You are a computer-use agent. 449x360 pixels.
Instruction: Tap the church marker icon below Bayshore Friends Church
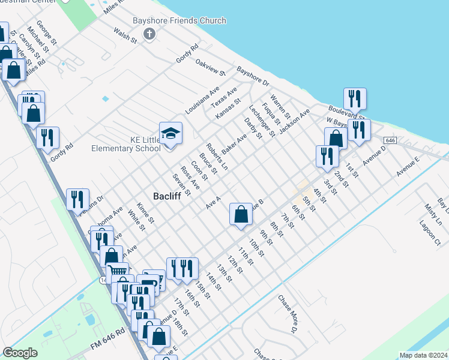(x=149, y=34)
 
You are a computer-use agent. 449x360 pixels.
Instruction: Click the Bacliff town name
(x=167, y=196)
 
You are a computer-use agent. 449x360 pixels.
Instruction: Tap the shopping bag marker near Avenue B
(x=241, y=214)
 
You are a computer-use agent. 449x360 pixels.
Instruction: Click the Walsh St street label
(x=125, y=35)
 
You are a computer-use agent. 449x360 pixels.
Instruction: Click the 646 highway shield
(x=390, y=140)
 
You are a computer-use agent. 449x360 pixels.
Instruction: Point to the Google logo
(x=20, y=353)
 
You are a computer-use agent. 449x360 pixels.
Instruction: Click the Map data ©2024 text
(x=423, y=355)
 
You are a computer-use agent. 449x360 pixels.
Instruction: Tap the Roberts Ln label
(x=217, y=157)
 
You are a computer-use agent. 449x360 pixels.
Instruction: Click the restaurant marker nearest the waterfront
(x=355, y=98)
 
